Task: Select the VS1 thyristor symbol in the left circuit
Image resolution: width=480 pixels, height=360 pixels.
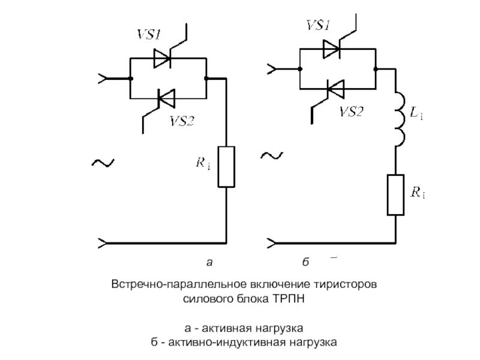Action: (x=163, y=58)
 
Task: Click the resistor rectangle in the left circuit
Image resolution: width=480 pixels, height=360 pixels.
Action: (x=226, y=166)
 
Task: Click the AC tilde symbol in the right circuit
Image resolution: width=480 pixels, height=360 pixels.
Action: (x=272, y=156)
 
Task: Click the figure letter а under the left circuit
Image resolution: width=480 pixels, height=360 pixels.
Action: (x=209, y=262)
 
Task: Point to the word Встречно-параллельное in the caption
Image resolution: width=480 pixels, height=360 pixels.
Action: (x=163, y=283)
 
